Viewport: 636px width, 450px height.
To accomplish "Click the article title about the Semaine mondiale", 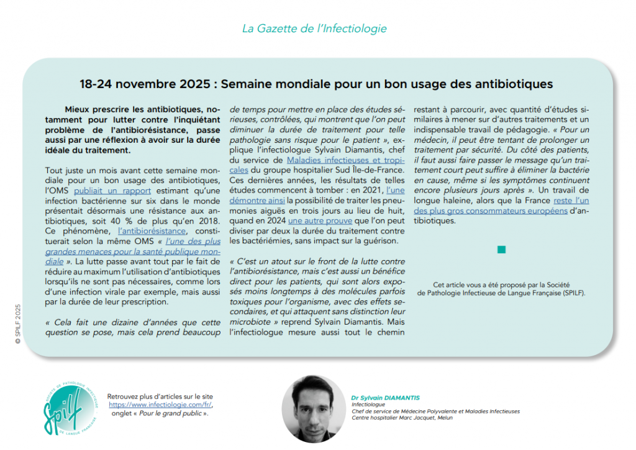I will tap(317, 83).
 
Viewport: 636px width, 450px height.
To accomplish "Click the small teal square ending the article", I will tap(501, 250).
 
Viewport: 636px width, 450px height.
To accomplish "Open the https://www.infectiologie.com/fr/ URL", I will tap(163, 404).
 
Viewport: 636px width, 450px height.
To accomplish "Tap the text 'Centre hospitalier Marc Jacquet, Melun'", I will tap(402, 418).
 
